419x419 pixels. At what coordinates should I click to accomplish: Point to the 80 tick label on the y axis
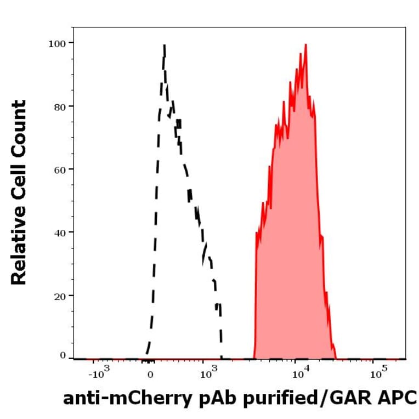(x=60, y=106)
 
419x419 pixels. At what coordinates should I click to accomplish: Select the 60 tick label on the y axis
(x=60, y=169)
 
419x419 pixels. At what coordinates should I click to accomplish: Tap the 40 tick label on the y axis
(x=60, y=233)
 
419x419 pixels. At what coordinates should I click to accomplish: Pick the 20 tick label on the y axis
(x=60, y=296)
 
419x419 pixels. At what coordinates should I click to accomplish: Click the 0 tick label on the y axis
(x=63, y=356)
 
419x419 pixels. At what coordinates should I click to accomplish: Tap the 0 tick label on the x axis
(x=150, y=376)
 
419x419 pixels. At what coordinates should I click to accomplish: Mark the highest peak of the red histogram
(x=305, y=44)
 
